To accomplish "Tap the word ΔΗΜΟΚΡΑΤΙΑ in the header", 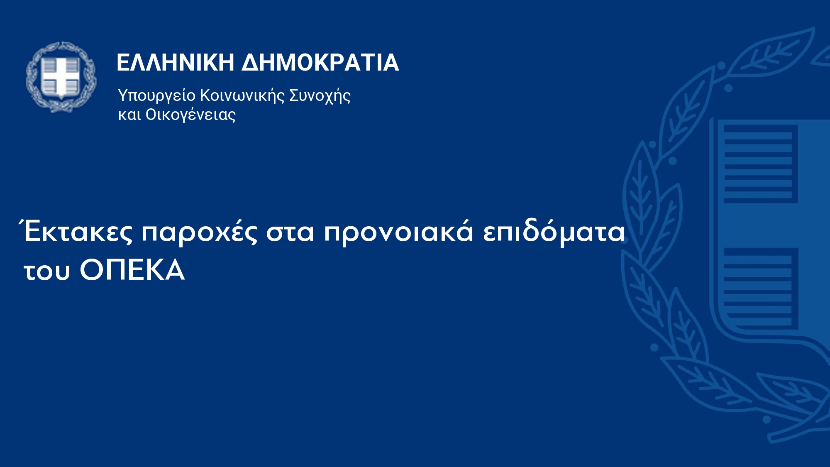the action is (x=320, y=63).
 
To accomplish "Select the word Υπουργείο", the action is (x=157, y=96).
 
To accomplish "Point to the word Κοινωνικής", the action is (x=243, y=95).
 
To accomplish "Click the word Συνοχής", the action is (x=320, y=96).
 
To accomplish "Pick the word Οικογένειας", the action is (x=190, y=115).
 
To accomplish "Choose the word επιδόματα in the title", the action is (x=554, y=232).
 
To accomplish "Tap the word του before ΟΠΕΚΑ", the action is (x=47, y=271).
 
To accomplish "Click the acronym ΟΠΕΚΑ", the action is (x=132, y=270).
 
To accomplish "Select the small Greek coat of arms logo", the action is (x=61, y=77).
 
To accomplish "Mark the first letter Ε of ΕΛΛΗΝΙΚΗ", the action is (x=124, y=63).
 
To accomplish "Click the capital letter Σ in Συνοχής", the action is (x=295, y=95).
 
